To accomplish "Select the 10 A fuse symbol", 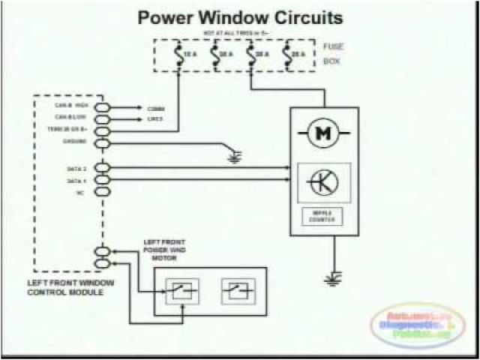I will [178, 55].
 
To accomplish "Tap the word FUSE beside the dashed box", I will [332, 46].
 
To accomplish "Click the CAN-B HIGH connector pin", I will [102, 108].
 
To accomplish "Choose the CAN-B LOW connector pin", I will [102, 119].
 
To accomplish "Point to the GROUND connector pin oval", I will [102, 142].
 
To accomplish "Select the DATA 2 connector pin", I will [102, 168].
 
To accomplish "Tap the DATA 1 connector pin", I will [102, 180].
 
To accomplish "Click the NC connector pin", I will [102, 192].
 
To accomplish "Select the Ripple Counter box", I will [324, 217].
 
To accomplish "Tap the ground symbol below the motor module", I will [331, 280].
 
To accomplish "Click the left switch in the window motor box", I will [181, 291].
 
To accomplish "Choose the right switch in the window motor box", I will [238, 291].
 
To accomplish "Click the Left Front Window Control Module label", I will [71, 286].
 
